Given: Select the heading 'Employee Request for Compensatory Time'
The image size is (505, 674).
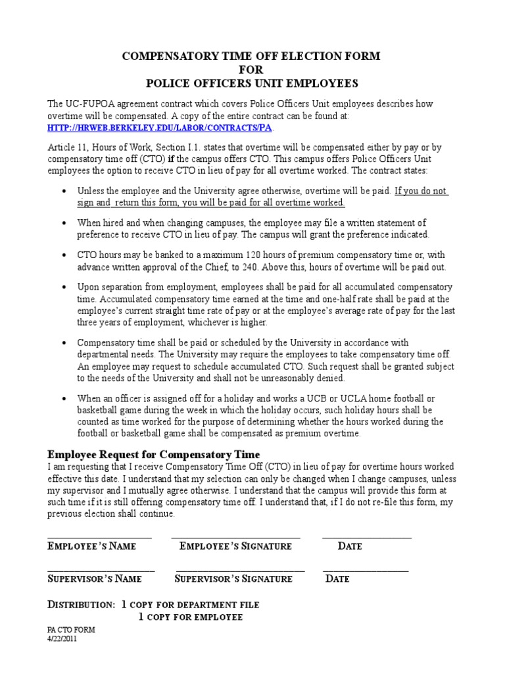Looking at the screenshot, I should pyautogui.click(x=154, y=455).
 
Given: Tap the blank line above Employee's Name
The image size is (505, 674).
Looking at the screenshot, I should pyautogui.click(x=99, y=538).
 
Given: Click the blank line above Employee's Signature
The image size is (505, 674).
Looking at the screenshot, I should pyautogui.click(x=235, y=538).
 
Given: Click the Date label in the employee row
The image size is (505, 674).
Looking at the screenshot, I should pyautogui.click(x=350, y=546).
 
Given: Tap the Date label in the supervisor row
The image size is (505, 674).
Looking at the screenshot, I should pyautogui.click(x=338, y=579).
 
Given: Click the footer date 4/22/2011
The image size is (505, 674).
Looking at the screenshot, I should pyautogui.click(x=63, y=638).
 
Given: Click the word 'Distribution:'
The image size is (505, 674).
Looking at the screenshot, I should pyautogui.click(x=82, y=604).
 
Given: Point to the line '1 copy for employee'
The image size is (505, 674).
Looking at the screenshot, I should pyautogui.click(x=191, y=617).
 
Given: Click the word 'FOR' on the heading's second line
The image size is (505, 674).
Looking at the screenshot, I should pyautogui.click(x=251, y=70).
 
